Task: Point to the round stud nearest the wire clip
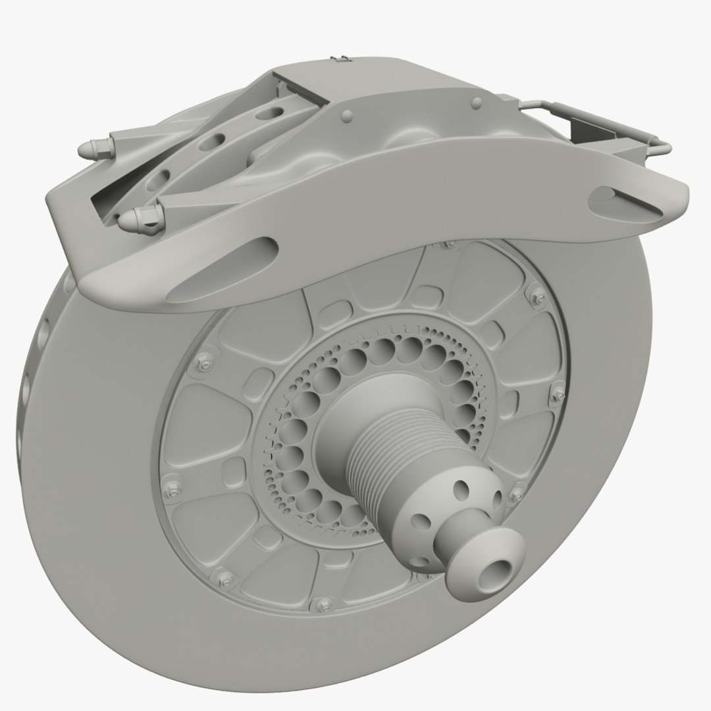click(x=475, y=102)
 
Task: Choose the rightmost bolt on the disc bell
click(x=560, y=394)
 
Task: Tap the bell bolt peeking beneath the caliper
click(x=448, y=244)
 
